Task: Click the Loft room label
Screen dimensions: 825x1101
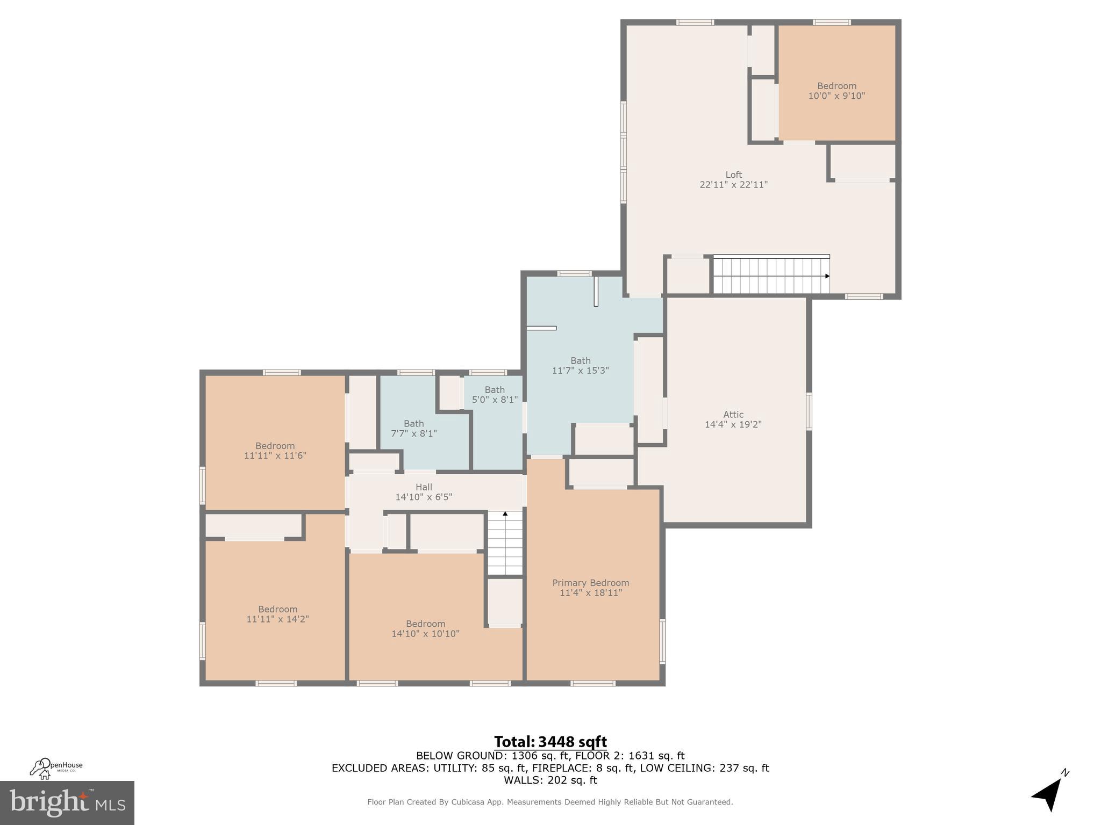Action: coord(733,175)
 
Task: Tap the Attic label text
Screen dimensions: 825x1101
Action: coord(733,415)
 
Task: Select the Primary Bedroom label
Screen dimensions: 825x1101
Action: coord(590,583)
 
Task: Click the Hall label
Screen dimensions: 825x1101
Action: coord(424,487)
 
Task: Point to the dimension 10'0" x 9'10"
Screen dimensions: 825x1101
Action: coord(837,96)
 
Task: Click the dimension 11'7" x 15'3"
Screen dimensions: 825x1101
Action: coord(580,371)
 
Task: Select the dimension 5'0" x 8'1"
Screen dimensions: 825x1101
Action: coord(495,400)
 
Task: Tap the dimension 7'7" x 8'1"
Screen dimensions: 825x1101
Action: coord(413,433)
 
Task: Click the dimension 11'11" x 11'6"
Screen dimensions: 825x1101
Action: coord(275,455)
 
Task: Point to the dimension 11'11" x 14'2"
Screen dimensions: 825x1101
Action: coord(277,619)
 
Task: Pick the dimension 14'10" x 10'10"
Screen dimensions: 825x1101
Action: coord(425,634)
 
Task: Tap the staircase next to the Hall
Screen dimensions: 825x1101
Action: coord(505,544)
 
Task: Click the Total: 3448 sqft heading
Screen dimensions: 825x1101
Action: coord(550,742)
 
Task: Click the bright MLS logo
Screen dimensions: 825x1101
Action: coord(67,802)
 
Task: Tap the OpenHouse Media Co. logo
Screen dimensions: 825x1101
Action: coord(55,768)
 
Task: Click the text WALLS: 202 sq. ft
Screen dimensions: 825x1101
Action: coord(550,780)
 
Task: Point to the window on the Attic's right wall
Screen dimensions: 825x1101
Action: coord(809,411)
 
